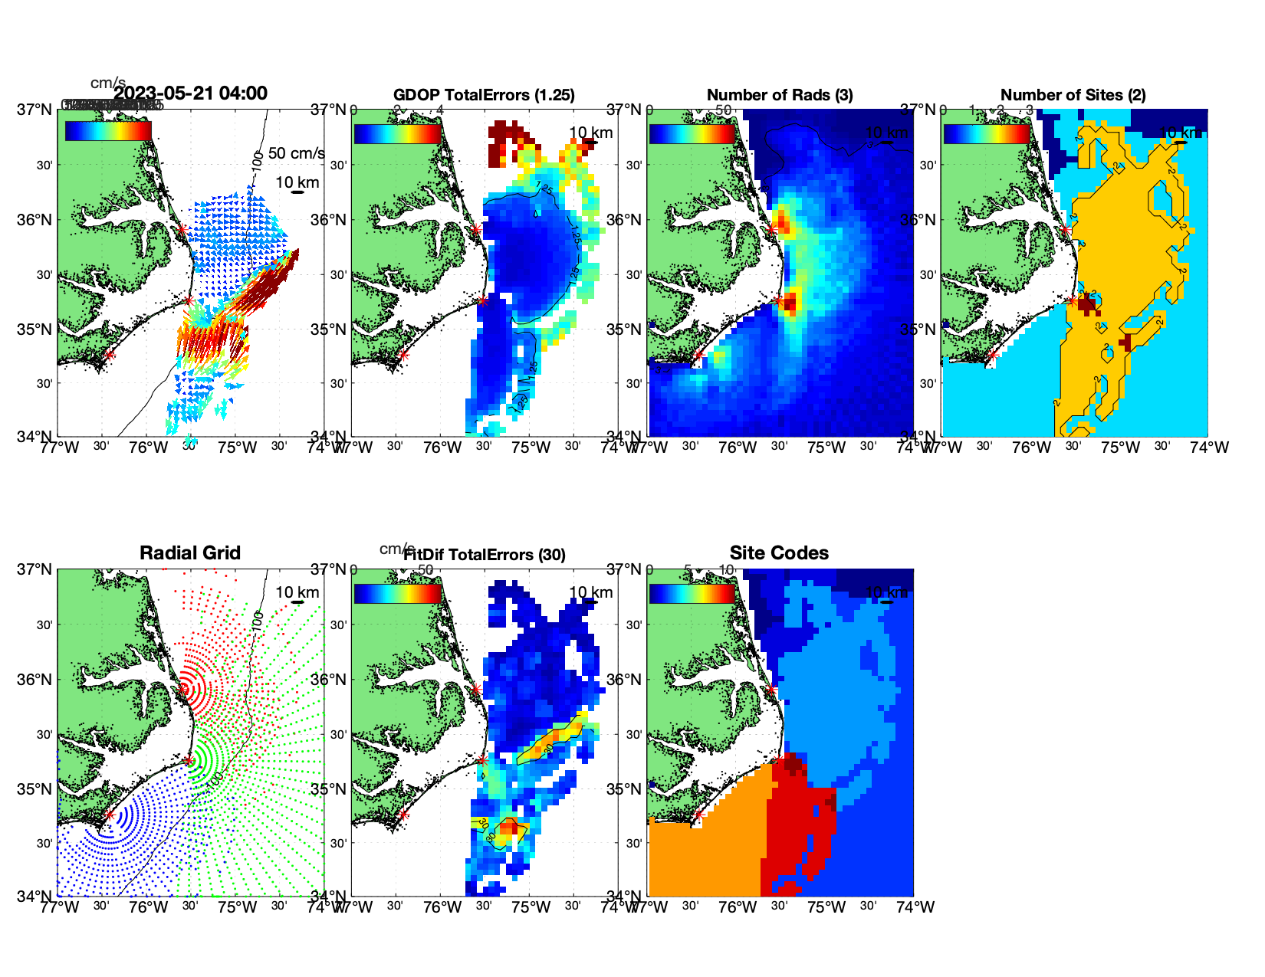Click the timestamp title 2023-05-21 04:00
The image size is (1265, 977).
[x=190, y=93]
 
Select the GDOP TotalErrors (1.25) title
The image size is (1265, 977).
[x=484, y=95]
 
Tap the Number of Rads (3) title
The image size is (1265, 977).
[x=779, y=95]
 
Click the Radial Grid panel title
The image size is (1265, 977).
[x=190, y=553]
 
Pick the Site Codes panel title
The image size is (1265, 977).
[x=779, y=553]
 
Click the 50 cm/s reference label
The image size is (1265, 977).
[x=296, y=153]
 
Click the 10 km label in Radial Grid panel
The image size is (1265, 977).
[x=297, y=592]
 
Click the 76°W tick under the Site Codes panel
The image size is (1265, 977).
[x=738, y=907]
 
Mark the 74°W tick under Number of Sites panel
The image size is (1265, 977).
[x=1210, y=448]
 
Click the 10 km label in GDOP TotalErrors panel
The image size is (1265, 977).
[x=591, y=133]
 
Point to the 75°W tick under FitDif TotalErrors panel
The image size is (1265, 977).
[x=531, y=907]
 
